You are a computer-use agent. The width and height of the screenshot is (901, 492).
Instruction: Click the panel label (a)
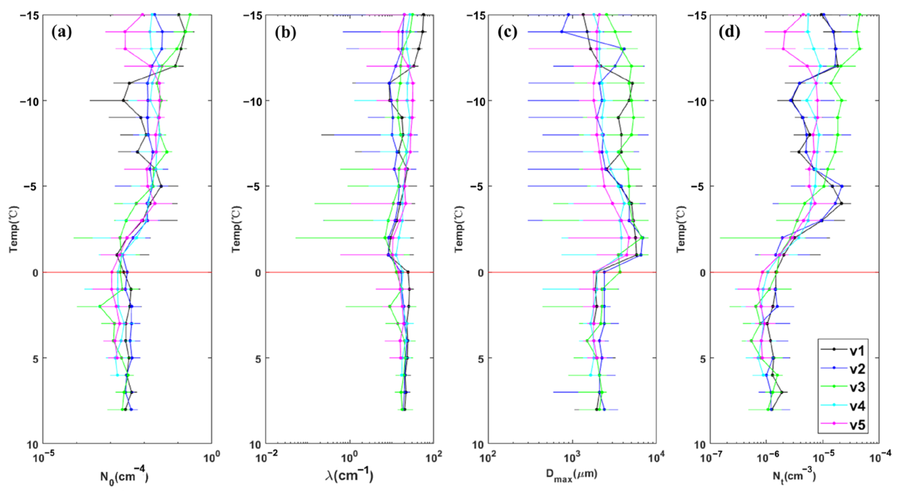[62, 33]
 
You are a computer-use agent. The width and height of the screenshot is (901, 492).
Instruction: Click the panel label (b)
[285, 33]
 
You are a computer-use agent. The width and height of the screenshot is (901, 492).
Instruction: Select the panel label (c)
[507, 33]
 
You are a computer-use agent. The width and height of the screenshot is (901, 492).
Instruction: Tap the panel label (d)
[729, 33]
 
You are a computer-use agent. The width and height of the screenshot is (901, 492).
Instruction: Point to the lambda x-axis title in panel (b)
[349, 476]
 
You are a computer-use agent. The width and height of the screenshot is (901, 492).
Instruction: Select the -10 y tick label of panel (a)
[28, 101]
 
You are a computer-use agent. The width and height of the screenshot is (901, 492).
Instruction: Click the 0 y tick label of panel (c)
[481, 273]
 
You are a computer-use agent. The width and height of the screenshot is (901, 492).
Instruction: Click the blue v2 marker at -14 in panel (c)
[562, 32]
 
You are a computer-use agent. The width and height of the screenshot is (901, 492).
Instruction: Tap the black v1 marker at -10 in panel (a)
[123, 101]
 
